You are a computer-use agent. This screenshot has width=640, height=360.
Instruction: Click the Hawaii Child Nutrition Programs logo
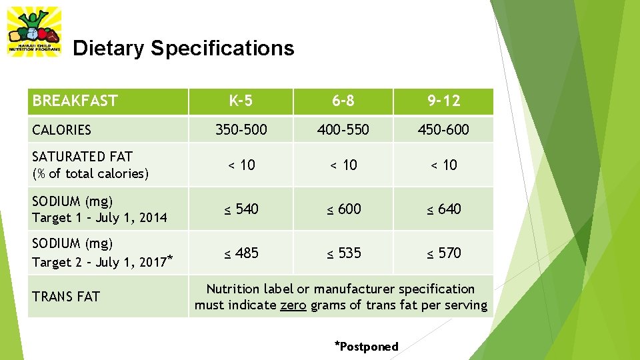click(x=34, y=31)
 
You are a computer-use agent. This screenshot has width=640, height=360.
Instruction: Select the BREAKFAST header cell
click(x=75, y=101)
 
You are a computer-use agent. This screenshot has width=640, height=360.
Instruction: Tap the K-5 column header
click(x=241, y=101)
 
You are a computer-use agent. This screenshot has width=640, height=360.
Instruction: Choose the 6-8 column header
click(x=343, y=101)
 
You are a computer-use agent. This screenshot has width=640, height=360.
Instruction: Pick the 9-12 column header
click(x=444, y=101)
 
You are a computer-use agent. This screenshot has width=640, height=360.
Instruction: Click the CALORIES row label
click(x=62, y=130)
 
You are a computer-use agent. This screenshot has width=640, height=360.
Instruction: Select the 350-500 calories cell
click(x=241, y=129)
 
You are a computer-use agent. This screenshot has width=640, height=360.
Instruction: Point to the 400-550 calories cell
click(x=343, y=129)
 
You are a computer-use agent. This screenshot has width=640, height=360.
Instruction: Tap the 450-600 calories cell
click(x=444, y=129)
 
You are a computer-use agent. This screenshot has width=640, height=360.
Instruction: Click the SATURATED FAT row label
click(x=83, y=157)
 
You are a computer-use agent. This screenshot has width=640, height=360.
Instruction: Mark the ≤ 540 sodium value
click(x=241, y=209)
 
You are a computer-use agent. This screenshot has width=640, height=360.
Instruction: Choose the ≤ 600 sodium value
click(x=343, y=209)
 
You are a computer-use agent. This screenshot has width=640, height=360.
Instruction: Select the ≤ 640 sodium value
click(x=444, y=209)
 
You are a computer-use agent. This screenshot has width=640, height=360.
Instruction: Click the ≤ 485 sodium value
click(x=241, y=253)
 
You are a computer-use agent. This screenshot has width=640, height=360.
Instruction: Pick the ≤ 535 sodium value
click(x=343, y=253)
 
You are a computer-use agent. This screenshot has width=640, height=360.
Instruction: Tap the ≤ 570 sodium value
click(x=444, y=253)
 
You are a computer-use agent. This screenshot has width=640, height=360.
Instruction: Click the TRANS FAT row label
click(x=66, y=296)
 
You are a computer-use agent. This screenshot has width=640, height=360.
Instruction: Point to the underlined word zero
click(x=293, y=305)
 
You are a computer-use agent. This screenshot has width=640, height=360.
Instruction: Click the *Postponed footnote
click(x=366, y=346)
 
